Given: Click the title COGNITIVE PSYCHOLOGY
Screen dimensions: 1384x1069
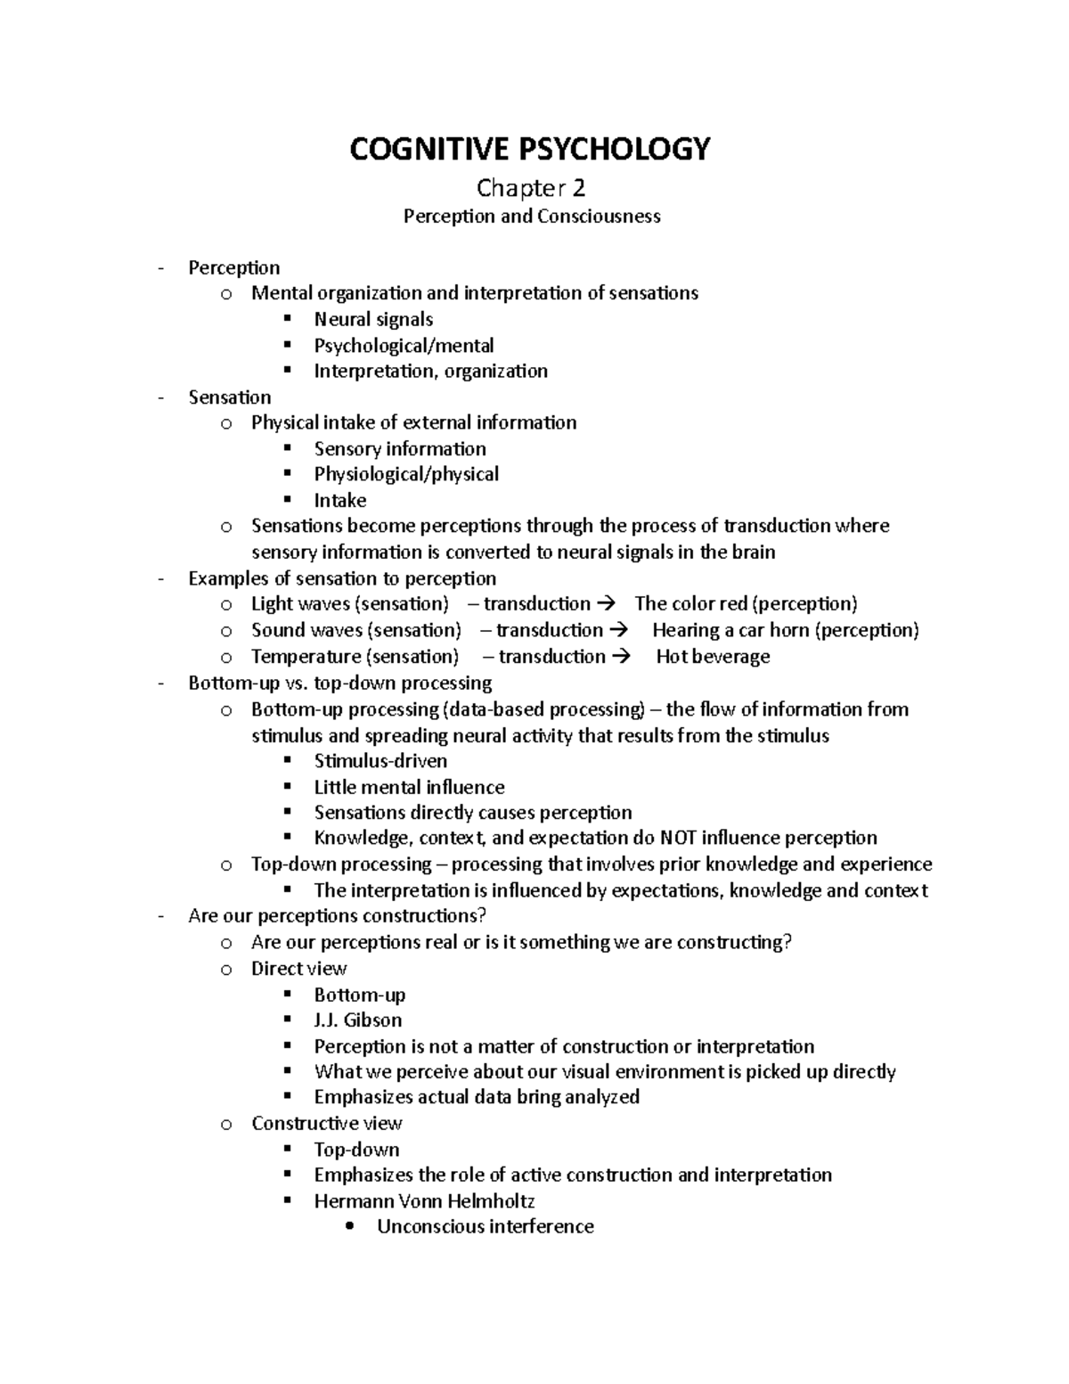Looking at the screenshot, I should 530,149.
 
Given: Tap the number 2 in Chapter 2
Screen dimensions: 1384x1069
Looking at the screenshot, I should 579,188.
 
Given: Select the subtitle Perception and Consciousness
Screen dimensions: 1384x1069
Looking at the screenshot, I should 532,216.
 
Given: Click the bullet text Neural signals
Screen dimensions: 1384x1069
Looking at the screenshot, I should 373,319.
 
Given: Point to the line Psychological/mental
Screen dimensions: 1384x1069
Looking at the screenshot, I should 404,345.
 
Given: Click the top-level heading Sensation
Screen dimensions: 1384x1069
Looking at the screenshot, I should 230,397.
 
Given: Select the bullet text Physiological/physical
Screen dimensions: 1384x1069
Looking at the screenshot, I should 406,473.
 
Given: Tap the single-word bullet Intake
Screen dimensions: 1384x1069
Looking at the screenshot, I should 339,500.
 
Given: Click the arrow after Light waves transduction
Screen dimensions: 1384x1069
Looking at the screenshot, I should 608,603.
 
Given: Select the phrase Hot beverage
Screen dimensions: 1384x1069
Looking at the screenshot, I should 713,656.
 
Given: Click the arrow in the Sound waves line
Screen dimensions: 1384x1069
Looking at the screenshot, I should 620,630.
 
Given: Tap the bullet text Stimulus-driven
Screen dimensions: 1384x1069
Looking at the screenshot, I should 380,760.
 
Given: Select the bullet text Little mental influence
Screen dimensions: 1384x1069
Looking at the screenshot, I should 409,787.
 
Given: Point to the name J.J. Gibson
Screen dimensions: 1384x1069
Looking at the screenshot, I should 357,1020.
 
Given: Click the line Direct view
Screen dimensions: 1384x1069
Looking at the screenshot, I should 298,968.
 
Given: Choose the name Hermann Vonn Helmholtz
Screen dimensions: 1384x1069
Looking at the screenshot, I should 424,1200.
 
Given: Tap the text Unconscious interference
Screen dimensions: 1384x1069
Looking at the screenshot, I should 485,1226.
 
